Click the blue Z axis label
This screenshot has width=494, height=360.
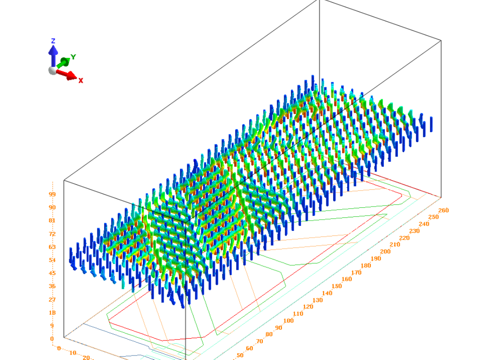[53, 41]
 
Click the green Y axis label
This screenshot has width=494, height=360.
[73, 57]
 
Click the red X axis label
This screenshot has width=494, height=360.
[81, 81]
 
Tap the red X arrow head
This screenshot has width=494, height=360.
[73, 76]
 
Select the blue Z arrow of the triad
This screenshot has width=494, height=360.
[53, 56]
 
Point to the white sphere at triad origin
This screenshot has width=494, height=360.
[53, 70]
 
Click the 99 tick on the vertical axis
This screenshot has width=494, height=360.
[52, 194]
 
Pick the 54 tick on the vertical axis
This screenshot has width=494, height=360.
[52, 260]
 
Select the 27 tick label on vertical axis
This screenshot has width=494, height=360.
[52, 299]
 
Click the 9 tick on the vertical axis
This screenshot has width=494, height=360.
[52, 326]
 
